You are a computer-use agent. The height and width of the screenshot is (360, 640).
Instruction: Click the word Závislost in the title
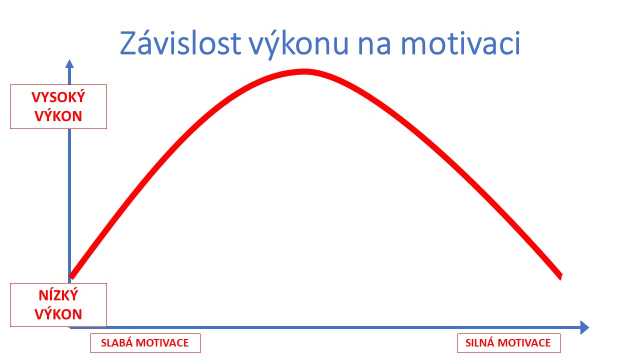tap(180, 43)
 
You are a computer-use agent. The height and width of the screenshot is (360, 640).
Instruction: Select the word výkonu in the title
tap(298, 44)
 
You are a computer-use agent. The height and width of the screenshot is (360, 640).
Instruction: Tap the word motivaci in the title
tap(460, 43)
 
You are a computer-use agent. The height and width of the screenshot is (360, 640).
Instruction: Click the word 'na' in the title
tap(374, 45)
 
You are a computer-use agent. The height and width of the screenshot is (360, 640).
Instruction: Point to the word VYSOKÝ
tap(58, 97)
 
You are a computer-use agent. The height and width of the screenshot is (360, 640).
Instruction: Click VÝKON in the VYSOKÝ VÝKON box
tap(58, 116)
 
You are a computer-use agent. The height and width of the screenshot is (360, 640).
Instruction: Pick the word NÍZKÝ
tap(58, 295)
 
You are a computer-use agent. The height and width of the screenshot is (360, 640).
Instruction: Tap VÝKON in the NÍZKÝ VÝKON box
tap(58, 314)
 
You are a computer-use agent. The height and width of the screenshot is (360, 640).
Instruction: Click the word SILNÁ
tap(480, 342)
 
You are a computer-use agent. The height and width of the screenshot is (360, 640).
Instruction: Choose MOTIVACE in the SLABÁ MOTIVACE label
tap(162, 343)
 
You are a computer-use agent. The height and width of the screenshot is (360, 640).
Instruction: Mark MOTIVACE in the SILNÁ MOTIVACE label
tap(524, 343)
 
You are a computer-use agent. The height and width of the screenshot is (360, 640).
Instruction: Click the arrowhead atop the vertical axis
tap(69, 63)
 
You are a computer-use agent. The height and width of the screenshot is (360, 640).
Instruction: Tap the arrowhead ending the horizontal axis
tap(584, 327)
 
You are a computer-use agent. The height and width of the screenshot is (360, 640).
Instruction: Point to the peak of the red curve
tap(304, 71)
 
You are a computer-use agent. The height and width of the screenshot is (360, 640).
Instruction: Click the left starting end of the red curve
tap(71, 276)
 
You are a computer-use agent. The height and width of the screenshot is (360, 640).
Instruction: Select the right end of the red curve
tap(561, 276)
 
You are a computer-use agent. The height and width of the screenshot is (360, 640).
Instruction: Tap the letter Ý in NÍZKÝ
tap(73, 295)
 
